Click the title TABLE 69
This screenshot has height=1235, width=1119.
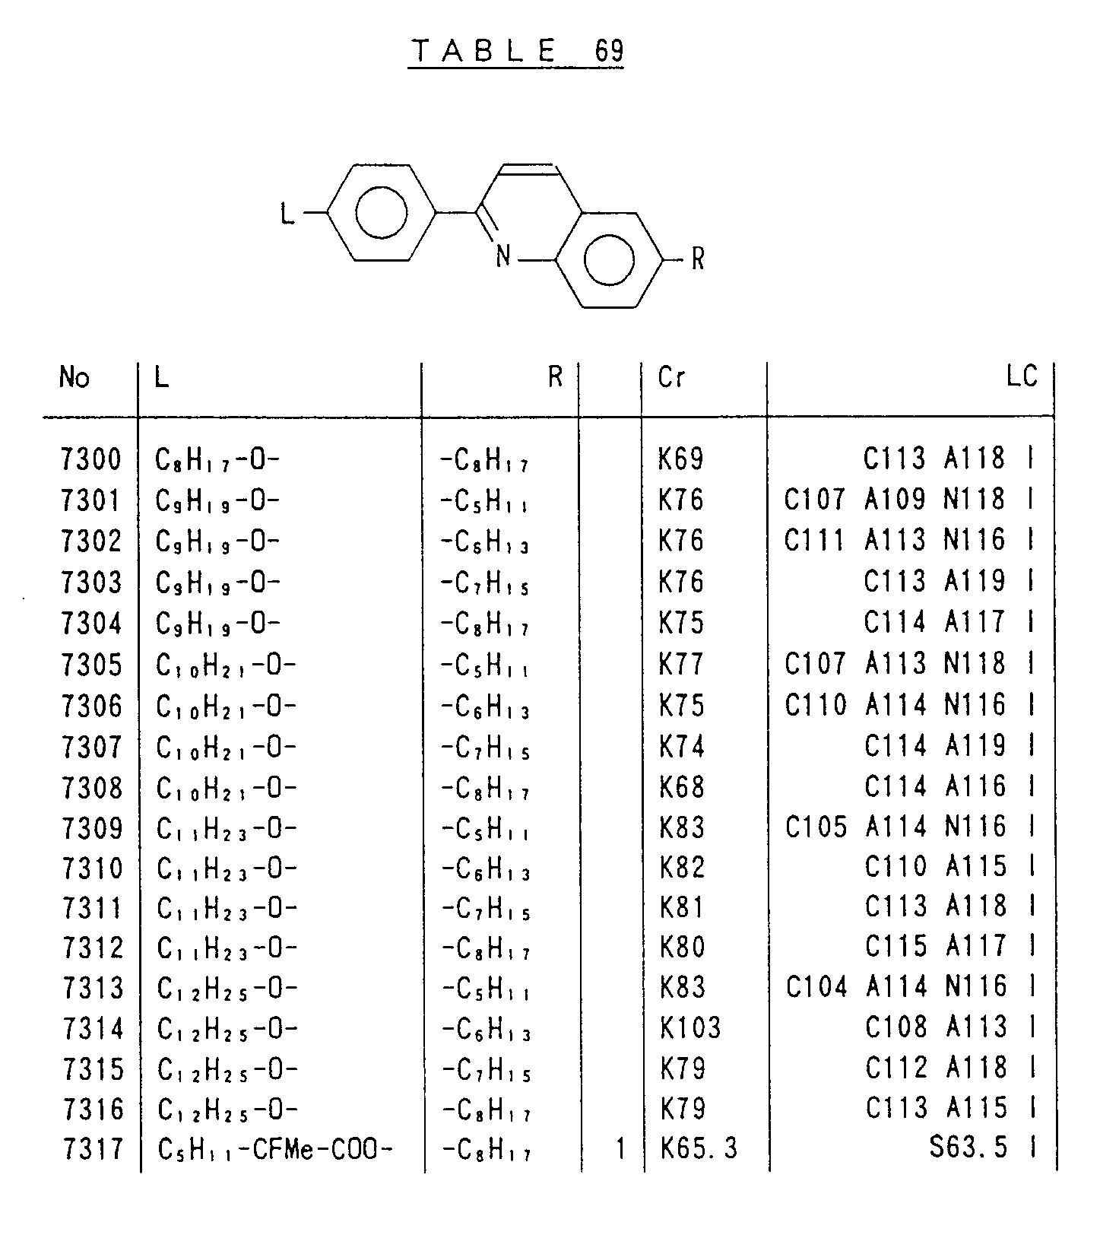pyautogui.click(x=516, y=51)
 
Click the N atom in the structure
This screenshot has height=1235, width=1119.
pyautogui.click(x=503, y=256)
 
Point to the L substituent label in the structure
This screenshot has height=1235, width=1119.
pyautogui.click(x=287, y=214)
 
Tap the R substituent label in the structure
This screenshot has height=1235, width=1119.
pyautogui.click(x=697, y=259)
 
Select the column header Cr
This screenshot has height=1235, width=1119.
pyautogui.click(x=671, y=377)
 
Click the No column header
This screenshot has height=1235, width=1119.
pyautogui.click(x=74, y=377)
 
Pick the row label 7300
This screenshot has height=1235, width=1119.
pyautogui.click(x=91, y=459)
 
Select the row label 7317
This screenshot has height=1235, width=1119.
pyautogui.click(x=93, y=1148)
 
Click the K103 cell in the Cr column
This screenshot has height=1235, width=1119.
pyautogui.click(x=690, y=1028)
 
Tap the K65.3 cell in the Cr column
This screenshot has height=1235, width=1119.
pyautogui.click(x=699, y=1148)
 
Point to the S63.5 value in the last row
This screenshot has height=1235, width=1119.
pyautogui.click(x=968, y=1148)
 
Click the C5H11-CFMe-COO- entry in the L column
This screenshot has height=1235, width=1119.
pyautogui.click(x=275, y=1149)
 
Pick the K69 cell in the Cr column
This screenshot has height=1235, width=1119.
pyautogui.click(x=681, y=459)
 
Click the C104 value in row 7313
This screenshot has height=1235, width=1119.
pyautogui.click(x=816, y=987)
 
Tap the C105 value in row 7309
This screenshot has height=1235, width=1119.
pyautogui.click(x=815, y=827)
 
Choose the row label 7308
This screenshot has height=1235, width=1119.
pyautogui.click(x=92, y=788)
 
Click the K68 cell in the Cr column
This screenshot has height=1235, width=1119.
pyautogui.click(x=682, y=787)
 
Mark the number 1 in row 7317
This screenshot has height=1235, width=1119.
pyautogui.click(x=620, y=1148)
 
